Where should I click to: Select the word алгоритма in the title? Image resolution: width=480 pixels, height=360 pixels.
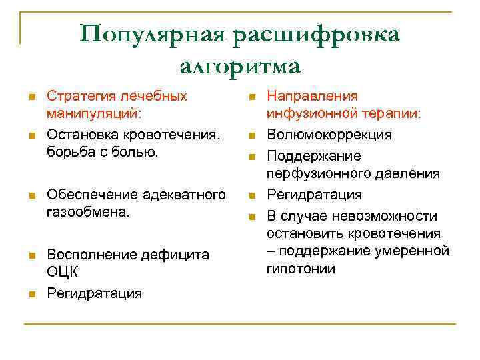pos(240,65)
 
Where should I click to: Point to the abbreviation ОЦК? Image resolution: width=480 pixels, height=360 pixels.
pos(63,273)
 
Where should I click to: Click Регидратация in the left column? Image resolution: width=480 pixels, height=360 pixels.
pos(94,293)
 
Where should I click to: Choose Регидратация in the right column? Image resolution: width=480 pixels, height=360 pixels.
pos(315,195)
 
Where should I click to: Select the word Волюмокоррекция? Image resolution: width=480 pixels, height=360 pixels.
pos(329,135)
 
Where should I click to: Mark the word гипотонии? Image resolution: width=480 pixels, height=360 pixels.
pos(301,269)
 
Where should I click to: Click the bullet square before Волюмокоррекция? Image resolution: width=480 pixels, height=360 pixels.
pos(252,136)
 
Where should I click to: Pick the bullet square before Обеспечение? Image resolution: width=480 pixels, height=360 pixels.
pos(31,196)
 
